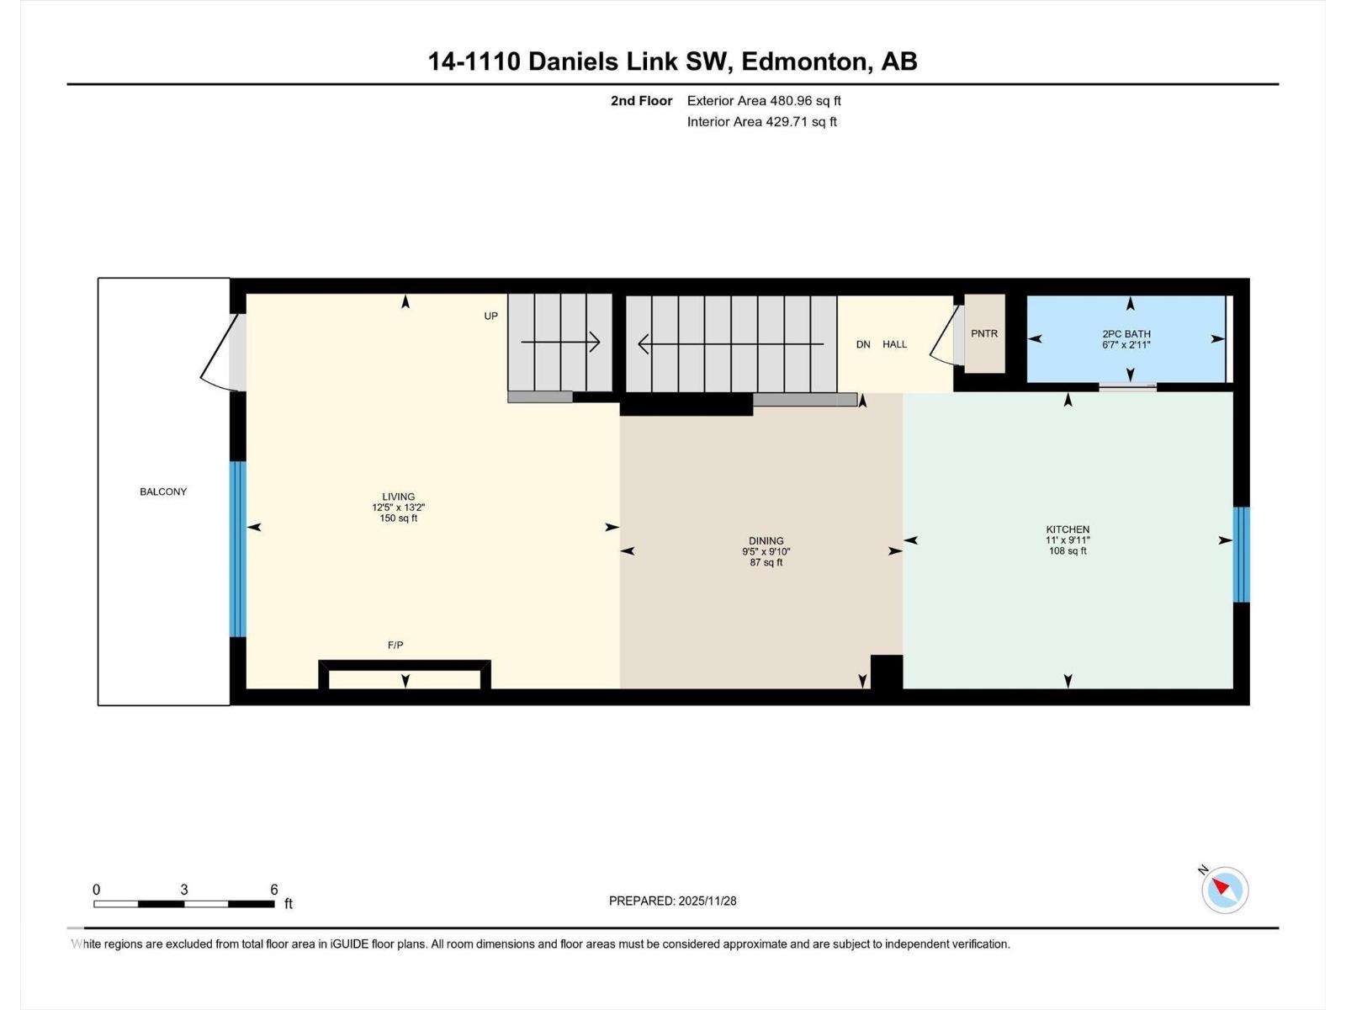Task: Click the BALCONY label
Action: (x=163, y=492)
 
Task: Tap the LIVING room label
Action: (x=398, y=497)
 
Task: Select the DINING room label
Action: (x=766, y=541)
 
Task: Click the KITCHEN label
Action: (x=1068, y=529)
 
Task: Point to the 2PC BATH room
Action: (x=1126, y=339)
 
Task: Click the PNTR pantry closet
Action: (x=984, y=334)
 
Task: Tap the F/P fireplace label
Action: (x=395, y=646)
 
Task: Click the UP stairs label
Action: (x=491, y=316)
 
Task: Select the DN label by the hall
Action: (x=863, y=344)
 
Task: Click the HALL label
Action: (x=894, y=344)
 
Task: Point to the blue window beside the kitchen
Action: (x=1241, y=555)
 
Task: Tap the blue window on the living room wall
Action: (x=238, y=549)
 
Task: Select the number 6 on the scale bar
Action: (x=274, y=890)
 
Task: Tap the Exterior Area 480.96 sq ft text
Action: (x=764, y=101)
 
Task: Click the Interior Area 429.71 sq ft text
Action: (x=761, y=122)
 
